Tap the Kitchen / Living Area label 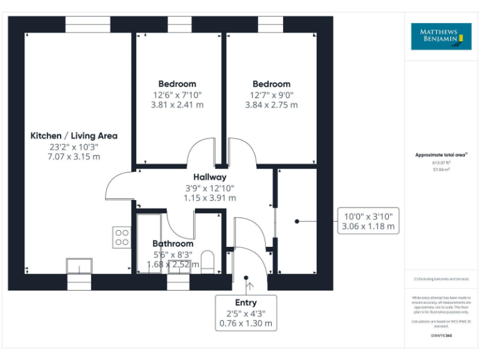pos(74,136)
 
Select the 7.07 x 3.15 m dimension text pos(74,157)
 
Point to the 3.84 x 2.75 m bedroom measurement pos(271,105)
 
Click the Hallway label pos(209,177)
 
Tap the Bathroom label pos(173,244)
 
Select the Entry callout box pos(246,313)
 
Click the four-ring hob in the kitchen pos(122,236)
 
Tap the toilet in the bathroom pos(208,261)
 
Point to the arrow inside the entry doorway pos(250,287)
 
